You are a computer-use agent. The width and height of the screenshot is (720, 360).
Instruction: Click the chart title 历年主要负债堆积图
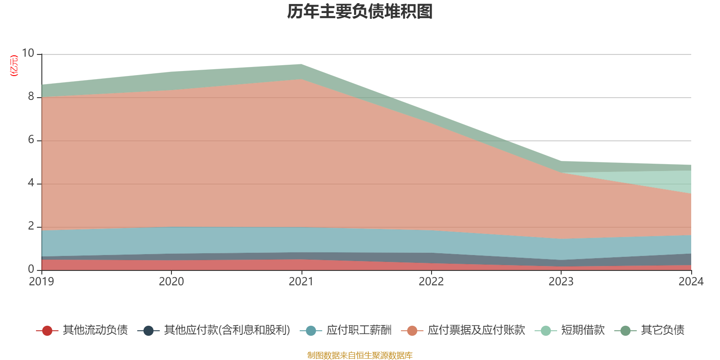360,12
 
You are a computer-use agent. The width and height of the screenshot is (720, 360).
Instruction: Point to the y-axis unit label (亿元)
14,66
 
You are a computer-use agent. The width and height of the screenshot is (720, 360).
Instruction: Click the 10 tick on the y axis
28,53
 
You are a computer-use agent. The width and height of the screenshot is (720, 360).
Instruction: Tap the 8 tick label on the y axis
31,96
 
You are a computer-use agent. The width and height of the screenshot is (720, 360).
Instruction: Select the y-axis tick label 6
31,139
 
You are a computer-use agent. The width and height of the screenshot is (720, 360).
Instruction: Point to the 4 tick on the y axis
31,183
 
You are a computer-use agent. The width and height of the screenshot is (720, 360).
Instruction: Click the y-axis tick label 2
31,226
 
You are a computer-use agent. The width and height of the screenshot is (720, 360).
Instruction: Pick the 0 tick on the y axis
31,269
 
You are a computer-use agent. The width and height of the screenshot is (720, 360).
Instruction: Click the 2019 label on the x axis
41,282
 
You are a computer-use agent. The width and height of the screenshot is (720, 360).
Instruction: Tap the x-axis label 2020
171,282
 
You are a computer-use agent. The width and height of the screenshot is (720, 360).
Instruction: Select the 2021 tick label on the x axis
301,282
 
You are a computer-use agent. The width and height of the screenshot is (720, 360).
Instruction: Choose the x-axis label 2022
431,282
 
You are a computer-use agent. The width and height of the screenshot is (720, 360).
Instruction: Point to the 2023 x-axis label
561,282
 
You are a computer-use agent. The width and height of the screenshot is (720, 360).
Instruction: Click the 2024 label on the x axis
691,282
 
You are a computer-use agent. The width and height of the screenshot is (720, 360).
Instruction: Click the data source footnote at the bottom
360,355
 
